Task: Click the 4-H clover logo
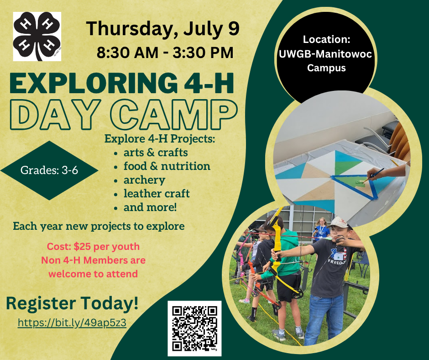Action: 37,36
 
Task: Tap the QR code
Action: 194,328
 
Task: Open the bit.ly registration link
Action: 72,323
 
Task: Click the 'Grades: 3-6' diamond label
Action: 49,170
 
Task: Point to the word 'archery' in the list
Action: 144,180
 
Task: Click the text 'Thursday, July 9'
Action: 163,29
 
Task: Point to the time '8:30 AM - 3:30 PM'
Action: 165,53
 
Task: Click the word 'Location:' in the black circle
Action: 326,39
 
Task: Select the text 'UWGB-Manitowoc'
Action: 325,54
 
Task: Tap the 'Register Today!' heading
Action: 72,303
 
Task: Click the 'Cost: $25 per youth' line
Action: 93,247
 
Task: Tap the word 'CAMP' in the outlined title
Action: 174,114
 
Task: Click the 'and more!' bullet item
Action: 150,207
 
